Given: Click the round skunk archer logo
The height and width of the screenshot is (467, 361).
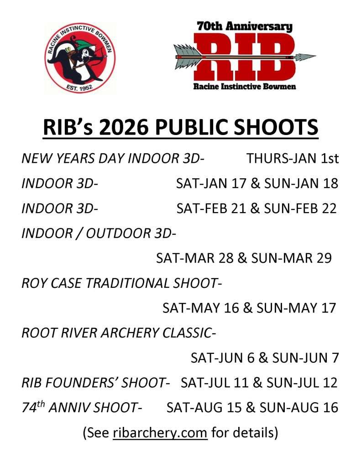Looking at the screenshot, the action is point(80,58).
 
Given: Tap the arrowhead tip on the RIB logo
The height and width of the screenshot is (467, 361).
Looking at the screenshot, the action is point(316,56).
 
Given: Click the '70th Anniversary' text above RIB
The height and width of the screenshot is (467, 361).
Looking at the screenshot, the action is point(245,26).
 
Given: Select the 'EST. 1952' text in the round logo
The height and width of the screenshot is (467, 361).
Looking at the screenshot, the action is point(79,88).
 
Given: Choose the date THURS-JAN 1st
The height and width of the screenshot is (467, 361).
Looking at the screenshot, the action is point(293,158).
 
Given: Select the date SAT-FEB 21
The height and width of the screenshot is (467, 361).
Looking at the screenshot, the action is point(211,208).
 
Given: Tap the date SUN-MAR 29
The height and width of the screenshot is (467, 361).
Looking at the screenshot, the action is point(291,258).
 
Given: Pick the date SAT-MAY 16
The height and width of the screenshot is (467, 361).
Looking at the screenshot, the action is point(201,308).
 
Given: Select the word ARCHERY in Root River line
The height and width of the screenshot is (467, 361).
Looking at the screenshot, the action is point(130,332).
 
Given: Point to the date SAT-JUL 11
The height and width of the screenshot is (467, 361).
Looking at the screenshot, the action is point(215,383).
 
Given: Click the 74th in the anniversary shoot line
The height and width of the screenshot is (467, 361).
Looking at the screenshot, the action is point(33,407).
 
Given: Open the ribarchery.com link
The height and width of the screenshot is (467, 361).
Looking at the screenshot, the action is point(160,432).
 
